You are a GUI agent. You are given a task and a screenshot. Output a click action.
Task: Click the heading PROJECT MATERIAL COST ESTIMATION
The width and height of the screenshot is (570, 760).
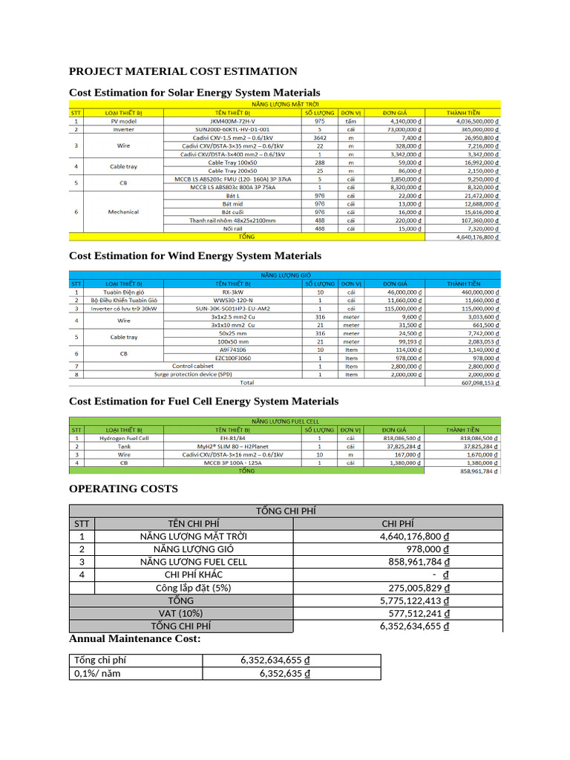(183, 71)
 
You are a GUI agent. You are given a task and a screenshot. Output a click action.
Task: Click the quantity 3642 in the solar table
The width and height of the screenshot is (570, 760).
(320, 137)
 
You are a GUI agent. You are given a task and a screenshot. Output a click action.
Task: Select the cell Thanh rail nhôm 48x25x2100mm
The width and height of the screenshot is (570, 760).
(232, 220)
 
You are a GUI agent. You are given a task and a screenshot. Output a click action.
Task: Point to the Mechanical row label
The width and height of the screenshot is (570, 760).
(123, 212)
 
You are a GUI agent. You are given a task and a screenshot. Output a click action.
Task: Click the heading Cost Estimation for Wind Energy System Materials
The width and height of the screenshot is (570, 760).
(195, 255)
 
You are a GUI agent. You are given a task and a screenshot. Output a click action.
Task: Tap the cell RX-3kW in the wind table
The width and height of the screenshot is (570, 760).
(232, 292)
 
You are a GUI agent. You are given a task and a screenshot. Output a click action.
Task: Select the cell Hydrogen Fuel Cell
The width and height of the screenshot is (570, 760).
(124, 438)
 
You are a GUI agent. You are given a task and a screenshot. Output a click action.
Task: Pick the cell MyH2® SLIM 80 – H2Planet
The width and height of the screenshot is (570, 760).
(232, 446)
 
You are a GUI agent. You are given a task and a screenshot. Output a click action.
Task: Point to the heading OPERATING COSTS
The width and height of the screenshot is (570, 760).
(123, 489)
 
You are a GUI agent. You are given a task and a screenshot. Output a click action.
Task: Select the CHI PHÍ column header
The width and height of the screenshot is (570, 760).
(398, 524)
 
